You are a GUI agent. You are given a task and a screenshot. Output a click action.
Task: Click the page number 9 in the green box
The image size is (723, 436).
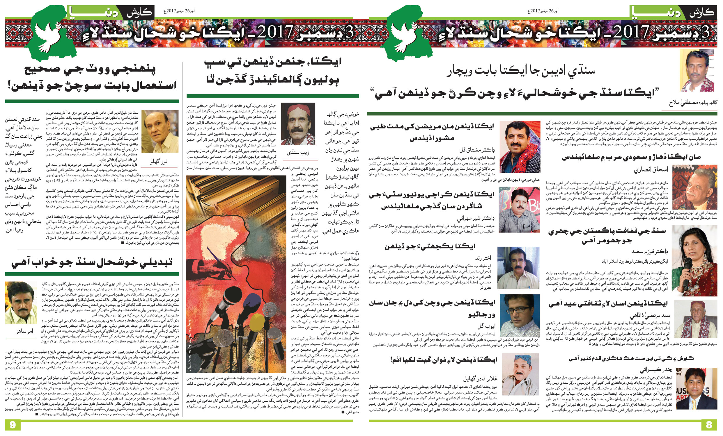[x=12, y=425]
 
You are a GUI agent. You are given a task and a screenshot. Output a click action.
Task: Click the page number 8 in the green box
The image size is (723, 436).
[x=709, y=425]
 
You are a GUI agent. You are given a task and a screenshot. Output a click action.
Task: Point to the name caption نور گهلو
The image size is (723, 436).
[x=159, y=161]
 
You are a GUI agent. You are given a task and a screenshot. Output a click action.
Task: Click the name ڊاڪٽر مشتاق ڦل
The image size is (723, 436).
[x=476, y=150]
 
